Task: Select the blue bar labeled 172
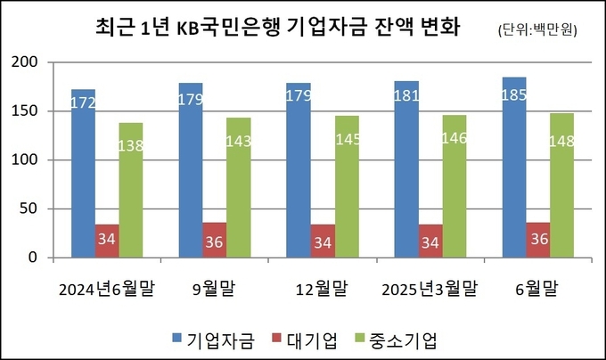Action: (x=83, y=174)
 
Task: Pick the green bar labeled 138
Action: (x=130, y=191)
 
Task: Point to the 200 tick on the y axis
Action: (x=29, y=62)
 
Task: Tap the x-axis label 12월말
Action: (x=322, y=289)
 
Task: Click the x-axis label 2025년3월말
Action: (x=430, y=289)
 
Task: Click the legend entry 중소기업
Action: (x=402, y=340)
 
